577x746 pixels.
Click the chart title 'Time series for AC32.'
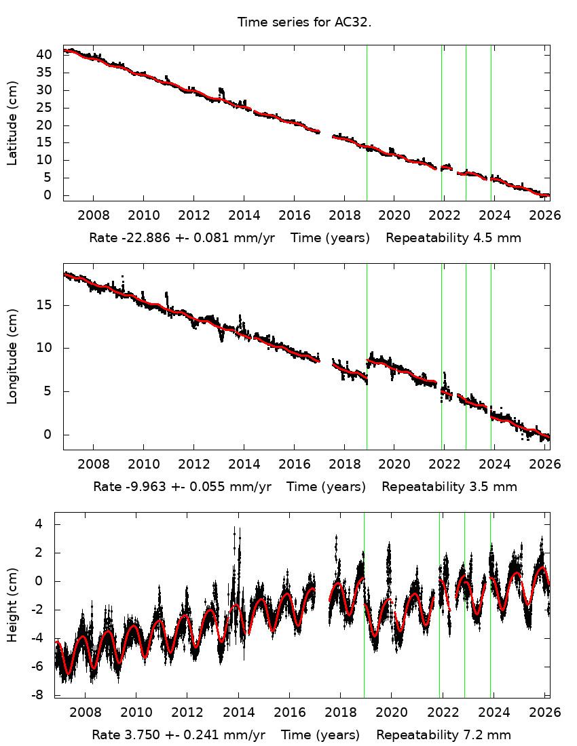click(304, 22)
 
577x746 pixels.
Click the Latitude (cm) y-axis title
click(13, 123)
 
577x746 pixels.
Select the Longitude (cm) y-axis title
click(13, 356)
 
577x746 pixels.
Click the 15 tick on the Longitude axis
click(50, 306)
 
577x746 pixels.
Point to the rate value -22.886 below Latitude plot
click(141, 238)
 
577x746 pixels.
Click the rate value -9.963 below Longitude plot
click(143, 486)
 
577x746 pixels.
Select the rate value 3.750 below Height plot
click(138, 734)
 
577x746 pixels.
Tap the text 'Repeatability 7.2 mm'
click(443, 734)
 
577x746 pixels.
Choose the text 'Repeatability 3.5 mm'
click(449, 486)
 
